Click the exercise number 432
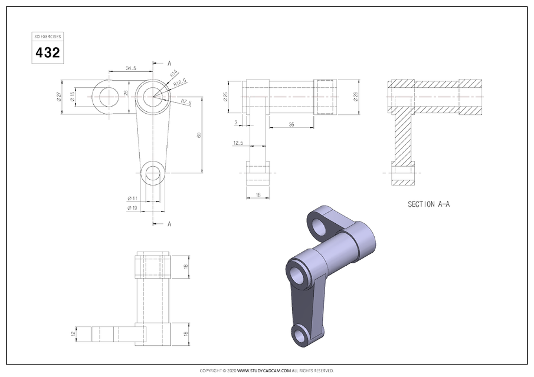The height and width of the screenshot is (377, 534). click(47, 52)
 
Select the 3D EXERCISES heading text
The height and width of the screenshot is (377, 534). click(47, 37)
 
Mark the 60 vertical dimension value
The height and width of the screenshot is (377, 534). click(199, 135)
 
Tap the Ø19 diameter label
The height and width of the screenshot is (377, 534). click(132, 208)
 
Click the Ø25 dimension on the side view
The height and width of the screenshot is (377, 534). click(226, 97)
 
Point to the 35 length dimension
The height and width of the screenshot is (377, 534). click(291, 124)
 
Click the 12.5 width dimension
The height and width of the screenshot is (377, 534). click(238, 143)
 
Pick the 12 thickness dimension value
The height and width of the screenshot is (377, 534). click(74, 333)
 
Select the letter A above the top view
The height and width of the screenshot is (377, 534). click(169, 63)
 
